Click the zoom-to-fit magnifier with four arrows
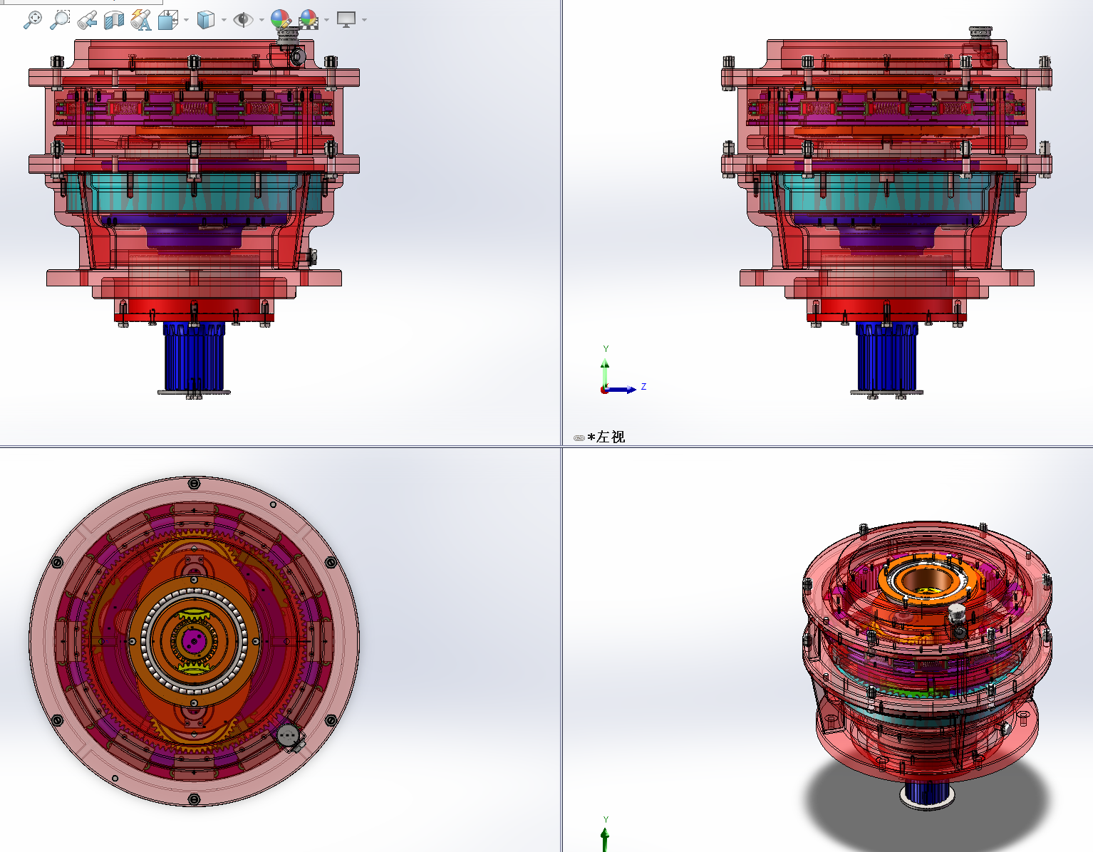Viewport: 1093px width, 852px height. [x=33, y=20]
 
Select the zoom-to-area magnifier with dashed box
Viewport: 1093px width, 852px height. [x=60, y=20]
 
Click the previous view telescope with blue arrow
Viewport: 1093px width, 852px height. [x=87, y=20]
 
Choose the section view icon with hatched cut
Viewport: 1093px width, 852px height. [x=114, y=20]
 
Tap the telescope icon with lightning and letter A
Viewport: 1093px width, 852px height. [x=141, y=20]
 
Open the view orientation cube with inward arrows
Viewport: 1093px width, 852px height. [x=168, y=20]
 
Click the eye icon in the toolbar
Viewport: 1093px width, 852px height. [x=244, y=20]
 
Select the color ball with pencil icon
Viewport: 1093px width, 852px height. [x=281, y=19]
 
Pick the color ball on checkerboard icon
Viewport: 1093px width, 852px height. [x=309, y=20]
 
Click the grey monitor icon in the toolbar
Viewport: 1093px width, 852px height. [x=346, y=20]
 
